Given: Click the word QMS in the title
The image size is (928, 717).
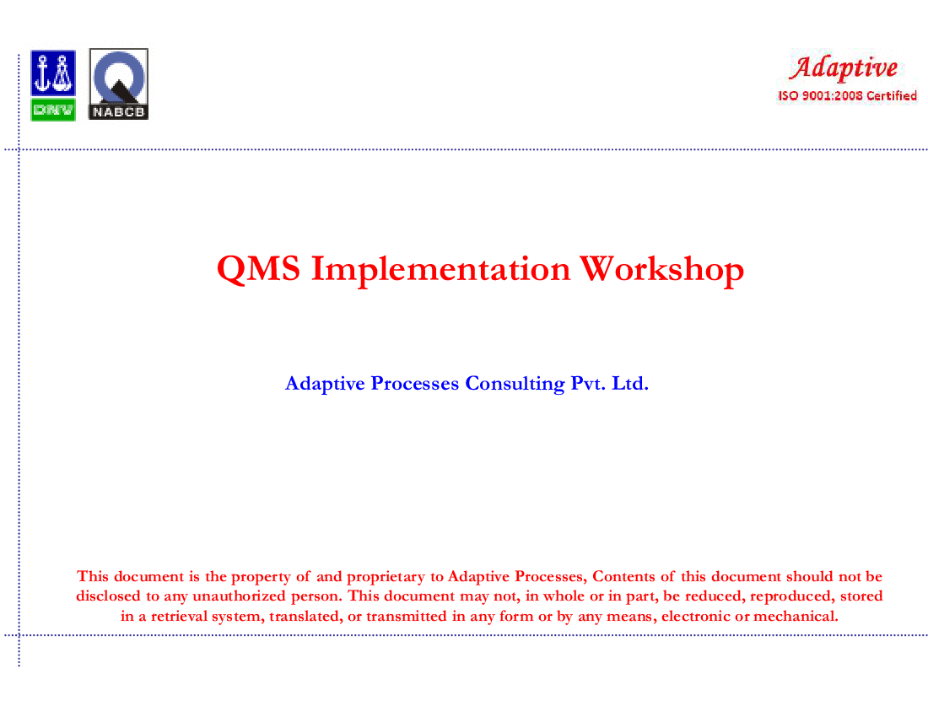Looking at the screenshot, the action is [259, 269].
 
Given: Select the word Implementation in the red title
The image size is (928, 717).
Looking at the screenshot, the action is [441, 268].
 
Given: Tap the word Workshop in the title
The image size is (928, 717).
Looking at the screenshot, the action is [661, 270].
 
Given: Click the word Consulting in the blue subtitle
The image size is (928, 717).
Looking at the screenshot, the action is [515, 383].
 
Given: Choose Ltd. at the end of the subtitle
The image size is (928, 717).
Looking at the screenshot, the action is [630, 383].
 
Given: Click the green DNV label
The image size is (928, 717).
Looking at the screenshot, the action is [53, 110].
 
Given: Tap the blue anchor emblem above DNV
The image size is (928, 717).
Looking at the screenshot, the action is [53, 73].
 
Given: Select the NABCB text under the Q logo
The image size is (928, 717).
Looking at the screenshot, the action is [118, 112].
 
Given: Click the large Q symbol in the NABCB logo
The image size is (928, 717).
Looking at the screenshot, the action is [119, 77].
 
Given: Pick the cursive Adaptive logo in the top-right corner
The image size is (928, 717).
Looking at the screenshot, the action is [844, 67].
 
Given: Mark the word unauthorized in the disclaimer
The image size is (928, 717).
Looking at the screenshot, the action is [240, 596].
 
